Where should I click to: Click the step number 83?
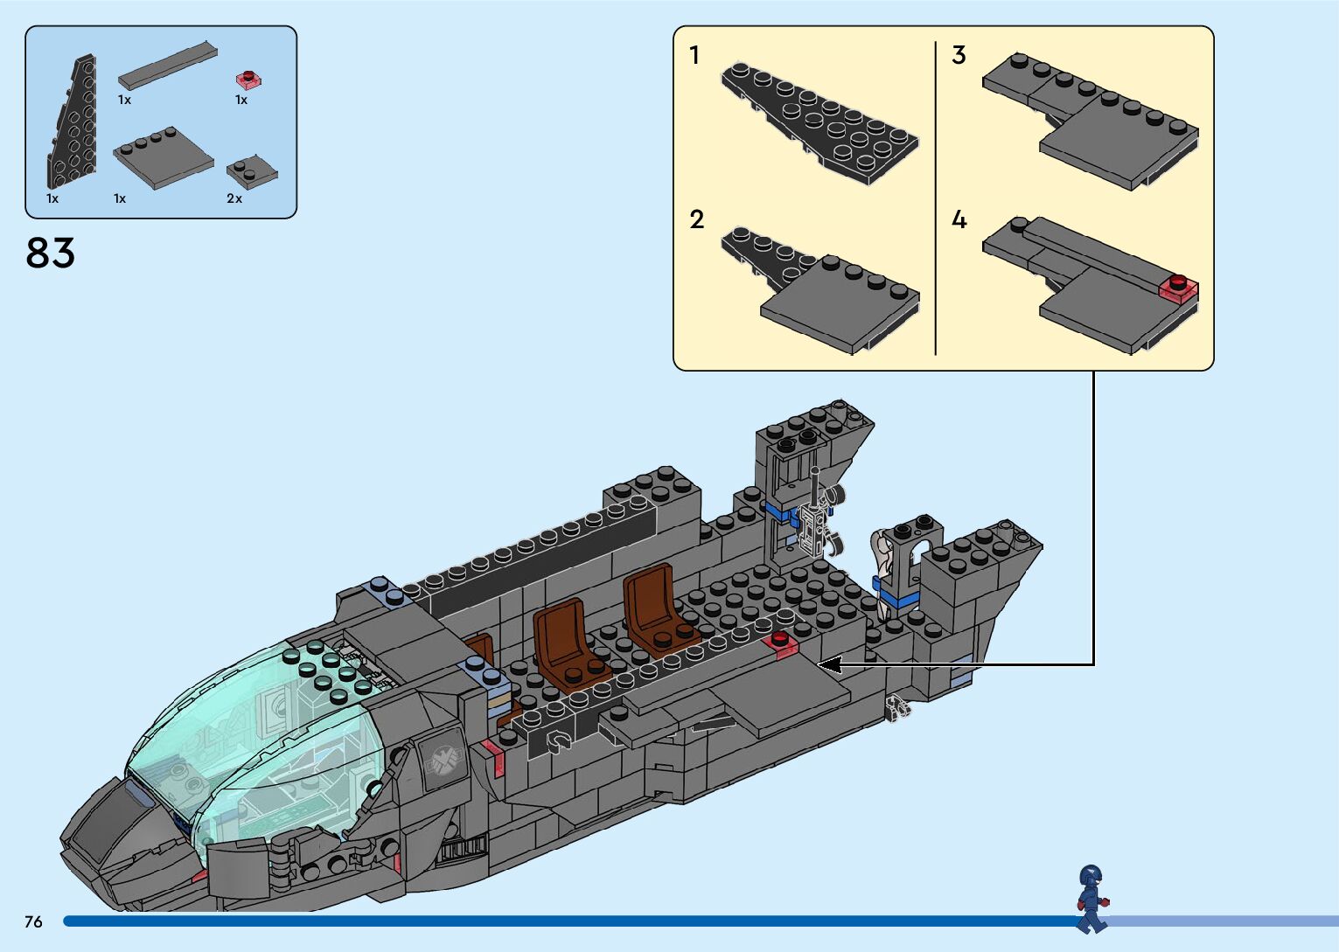50,254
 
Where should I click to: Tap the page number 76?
33,921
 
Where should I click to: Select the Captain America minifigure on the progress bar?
1091,898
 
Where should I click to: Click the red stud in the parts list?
249,80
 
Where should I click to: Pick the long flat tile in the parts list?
167,66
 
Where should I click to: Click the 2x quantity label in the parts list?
234,198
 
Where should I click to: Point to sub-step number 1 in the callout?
694,56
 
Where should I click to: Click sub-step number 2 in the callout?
696,219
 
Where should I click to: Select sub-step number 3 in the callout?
959,56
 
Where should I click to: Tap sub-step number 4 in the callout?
959,219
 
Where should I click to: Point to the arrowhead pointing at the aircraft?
827,664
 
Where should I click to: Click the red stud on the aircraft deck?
779,642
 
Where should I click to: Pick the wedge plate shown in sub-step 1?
818,122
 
